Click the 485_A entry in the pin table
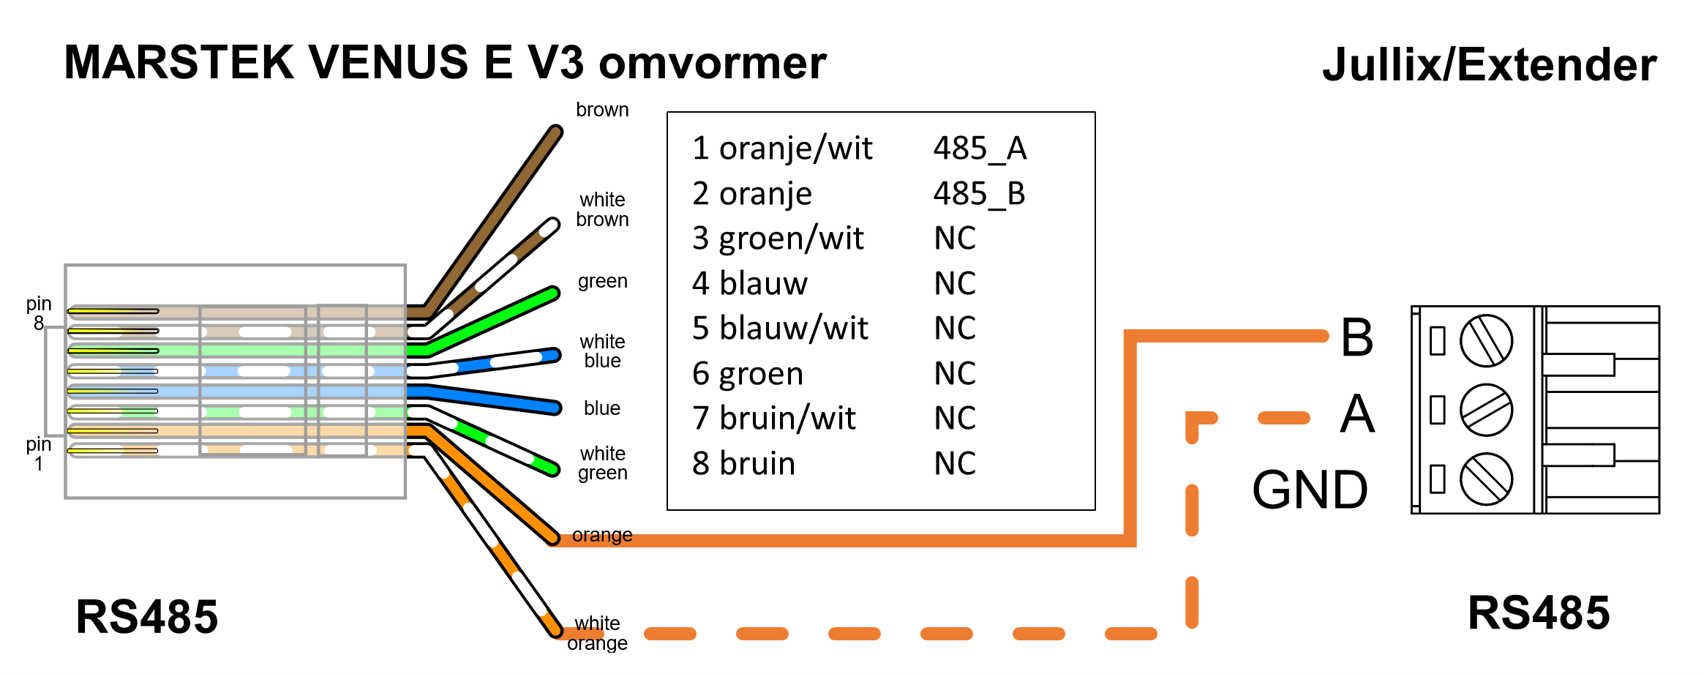coord(980,149)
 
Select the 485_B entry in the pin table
coord(979,194)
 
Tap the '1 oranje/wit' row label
coord(781,149)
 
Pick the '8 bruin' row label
coord(743,464)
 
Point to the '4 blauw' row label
coord(749,284)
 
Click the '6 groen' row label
coord(747,374)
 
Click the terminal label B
coord(1356,337)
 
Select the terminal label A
coord(1357,414)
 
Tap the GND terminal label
coord(1310,490)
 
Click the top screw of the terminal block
coord(1486,340)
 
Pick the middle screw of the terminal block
coord(1486,410)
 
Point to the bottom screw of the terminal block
coord(1486,479)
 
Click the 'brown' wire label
coord(602,110)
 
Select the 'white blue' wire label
coord(602,351)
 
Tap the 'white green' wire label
coord(602,463)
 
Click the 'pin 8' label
coord(39,313)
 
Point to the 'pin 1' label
coord(39,454)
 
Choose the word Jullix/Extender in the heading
coord(1489,64)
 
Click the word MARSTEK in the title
coord(179,62)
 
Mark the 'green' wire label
coord(602,281)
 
